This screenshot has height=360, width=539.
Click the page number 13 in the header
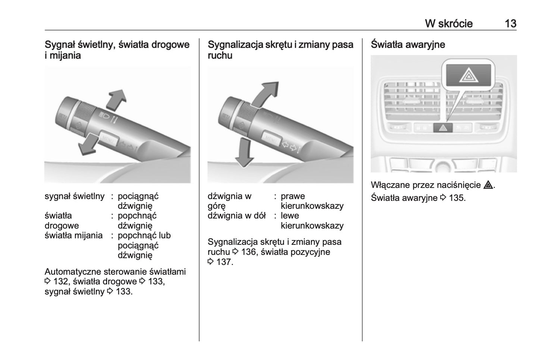pyautogui.click(x=510, y=23)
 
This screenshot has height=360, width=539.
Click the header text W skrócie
pyautogui.click(x=448, y=23)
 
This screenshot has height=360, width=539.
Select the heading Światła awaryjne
pyautogui.click(x=408, y=44)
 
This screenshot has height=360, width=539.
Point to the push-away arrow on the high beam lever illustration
pyautogui.click(x=117, y=100)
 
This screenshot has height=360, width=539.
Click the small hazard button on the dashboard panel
pyautogui.click(x=443, y=128)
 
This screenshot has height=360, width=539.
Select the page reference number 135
pyautogui.click(x=457, y=198)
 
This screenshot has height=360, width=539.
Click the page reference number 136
pyautogui.click(x=248, y=252)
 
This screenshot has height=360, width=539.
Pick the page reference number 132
pyautogui.click(x=61, y=282)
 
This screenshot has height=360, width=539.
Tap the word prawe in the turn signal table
pyautogui.click(x=293, y=196)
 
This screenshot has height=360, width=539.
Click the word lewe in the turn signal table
pyautogui.click(x=290, y=216)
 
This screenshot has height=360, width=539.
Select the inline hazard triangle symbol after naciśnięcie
pyautogui.click(x=488, y=185)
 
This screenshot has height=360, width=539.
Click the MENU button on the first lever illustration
pyautogui.click(x=108, y=139)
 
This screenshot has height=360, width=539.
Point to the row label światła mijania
pyautogui.click(x=73, y=236)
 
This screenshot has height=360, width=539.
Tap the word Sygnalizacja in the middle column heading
pyautogui.click(x=235, y=44)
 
